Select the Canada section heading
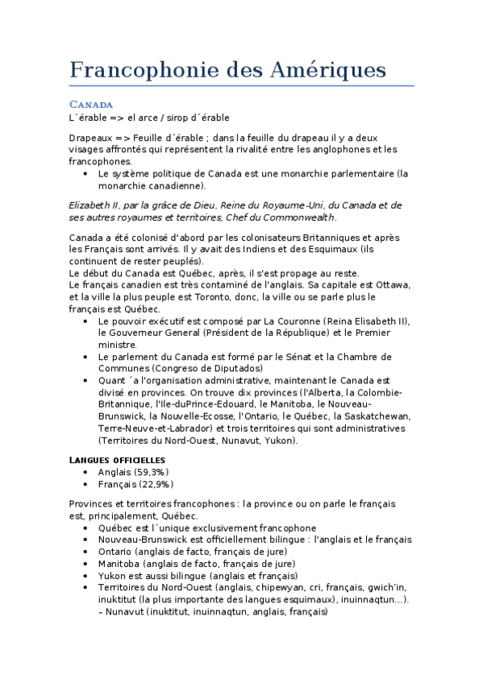pyautogui.click(x=91, y=105)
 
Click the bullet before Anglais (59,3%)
pyautogui.click(x=86, y=472)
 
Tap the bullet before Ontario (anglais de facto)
pyautogui.click(x=86, y=552)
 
